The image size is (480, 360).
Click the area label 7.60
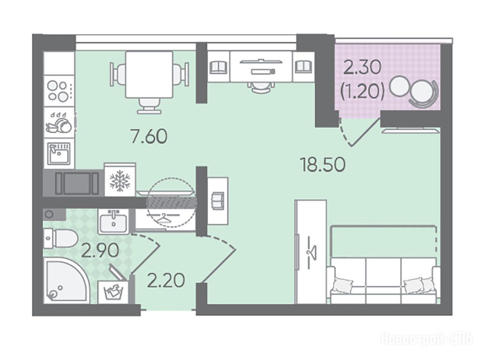(149, 136)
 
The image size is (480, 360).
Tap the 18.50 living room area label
(323, 165)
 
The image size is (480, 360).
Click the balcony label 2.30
(362, 67)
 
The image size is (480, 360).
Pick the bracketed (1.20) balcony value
(363, 91)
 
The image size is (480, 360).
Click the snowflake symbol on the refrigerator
(120, 181)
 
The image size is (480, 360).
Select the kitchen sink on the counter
(59, 153)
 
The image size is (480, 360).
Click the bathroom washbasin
(114, 222)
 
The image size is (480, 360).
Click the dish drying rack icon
(59, 122)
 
